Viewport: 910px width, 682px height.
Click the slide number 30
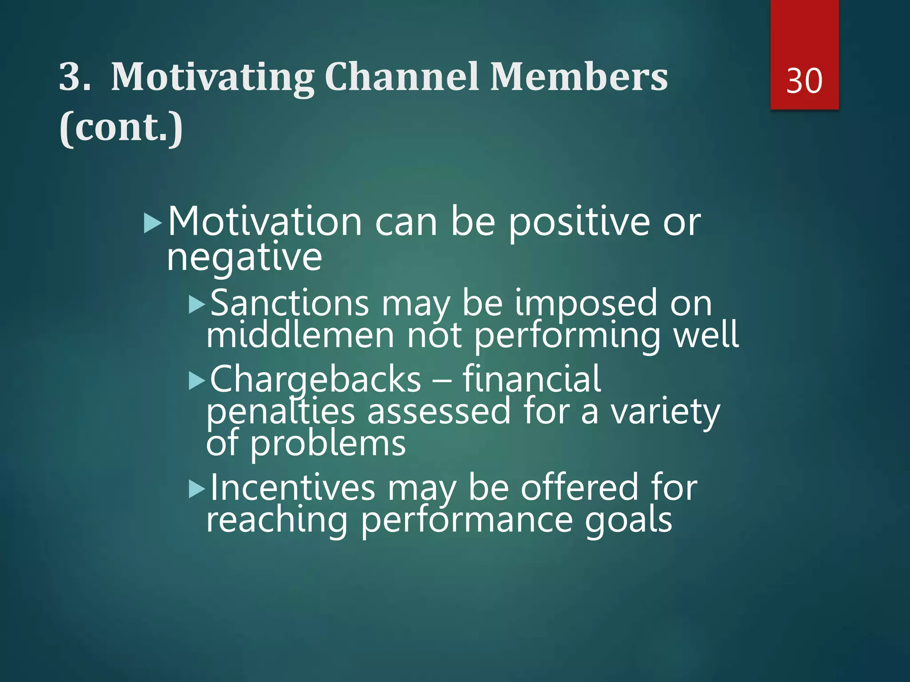coord(804,81)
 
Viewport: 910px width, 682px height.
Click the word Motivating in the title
coord(212,78)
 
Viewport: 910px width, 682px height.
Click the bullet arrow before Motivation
coord(152,223)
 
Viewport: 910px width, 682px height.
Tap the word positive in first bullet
coord(579,223)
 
